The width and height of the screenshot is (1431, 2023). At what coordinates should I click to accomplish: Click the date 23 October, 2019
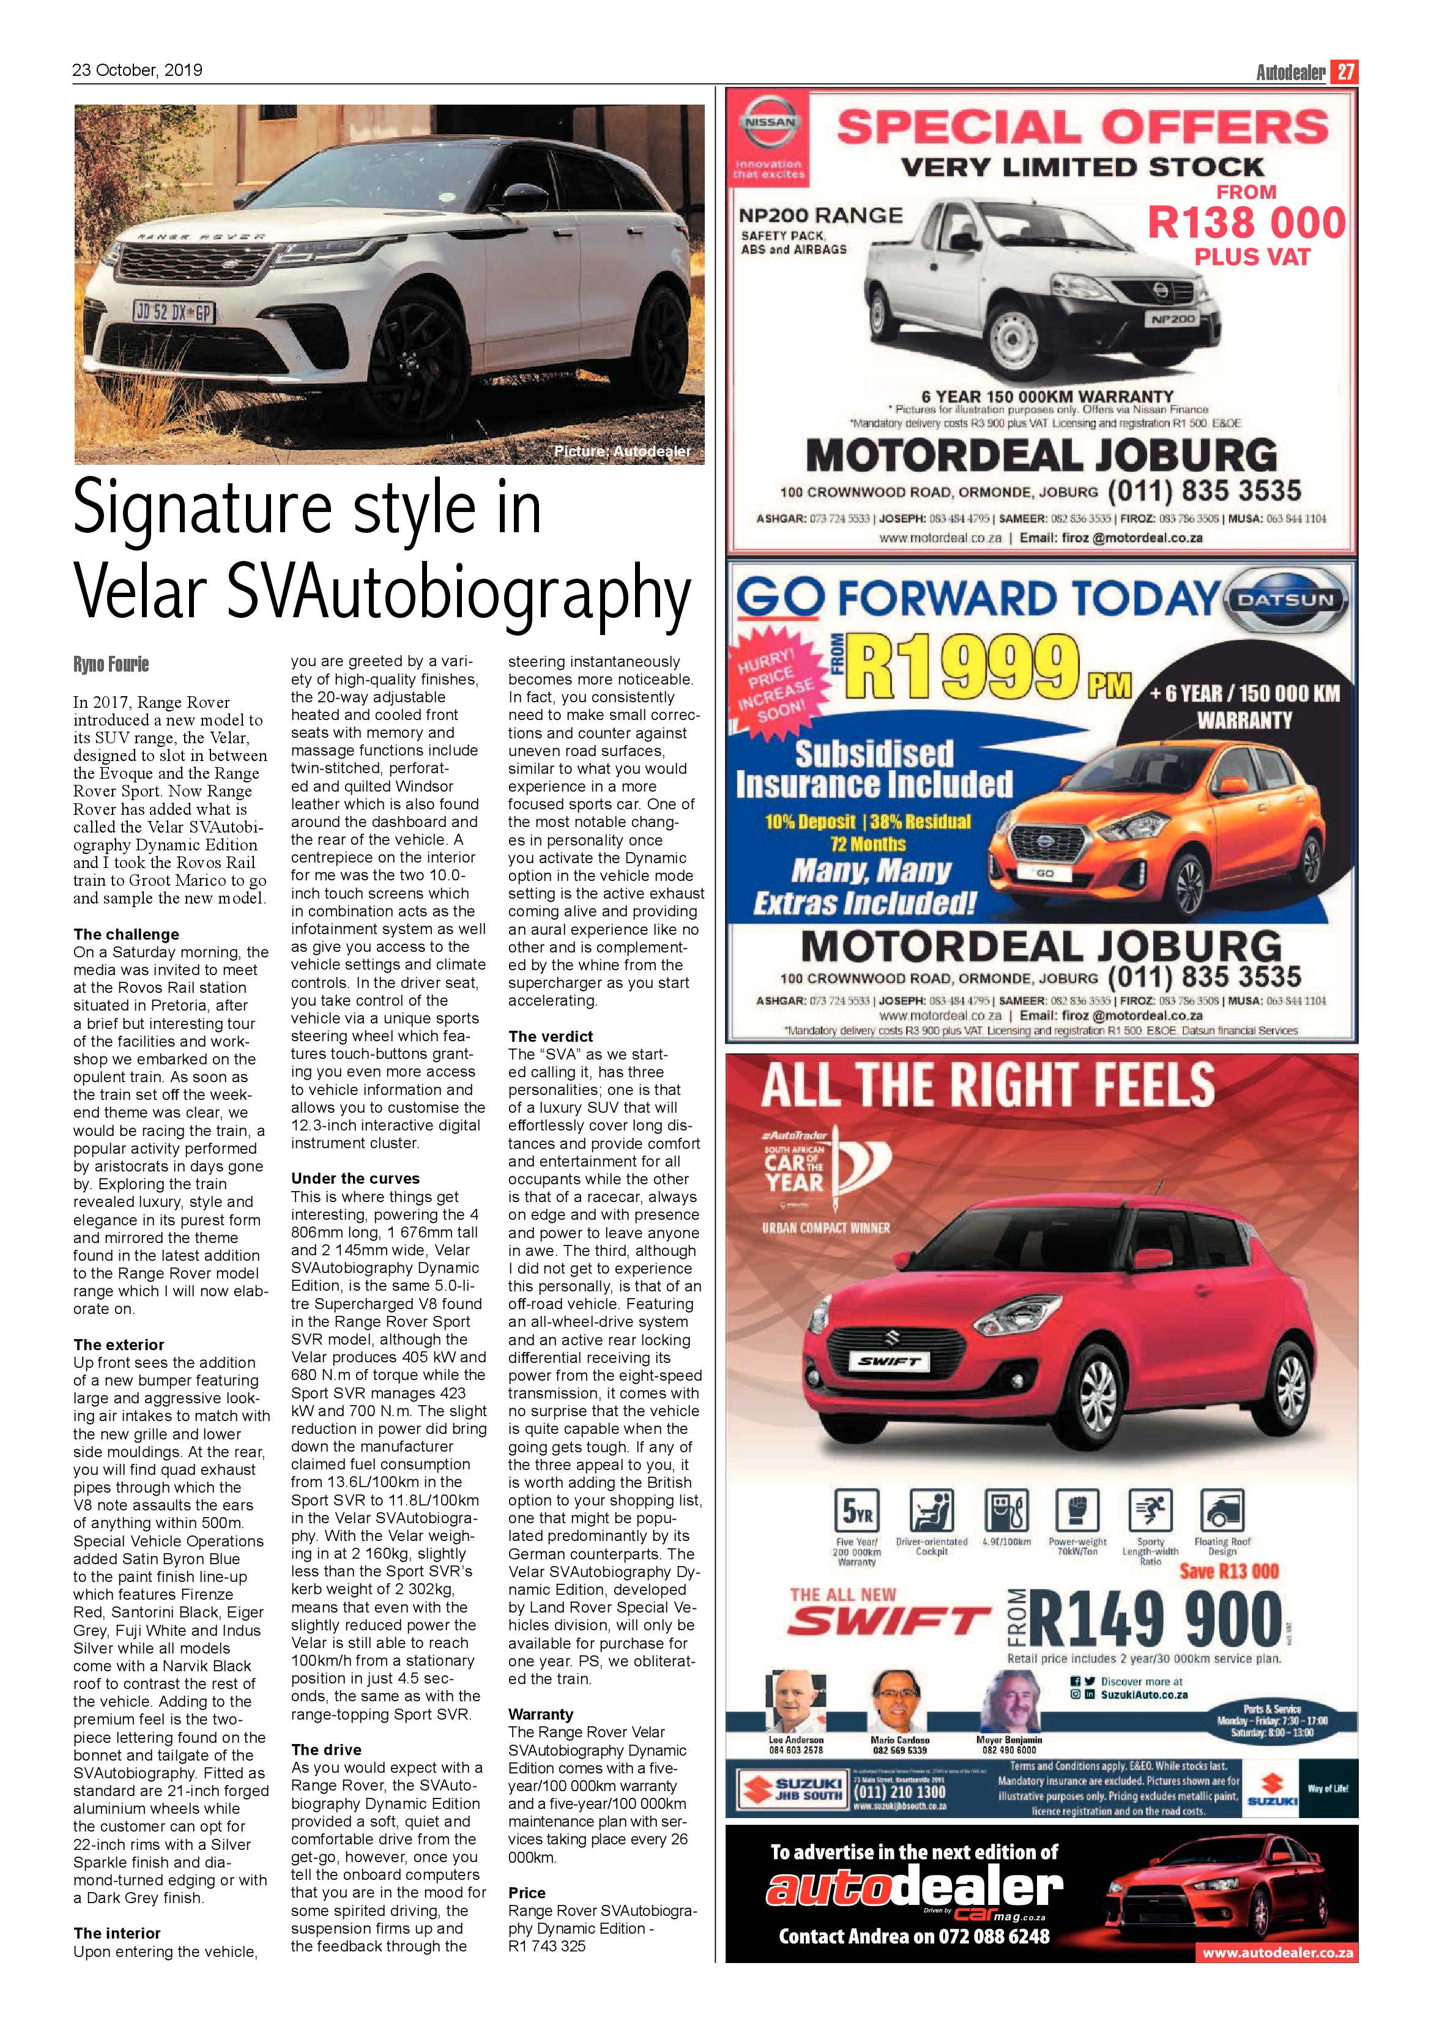[x=138, y=70]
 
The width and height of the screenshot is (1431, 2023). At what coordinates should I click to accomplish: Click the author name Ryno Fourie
[x=111, y=664]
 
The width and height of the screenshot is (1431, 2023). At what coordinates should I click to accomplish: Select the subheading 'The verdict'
[x=551, y=1036]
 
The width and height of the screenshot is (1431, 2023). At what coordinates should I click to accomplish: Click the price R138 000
[x=1247, y=222]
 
